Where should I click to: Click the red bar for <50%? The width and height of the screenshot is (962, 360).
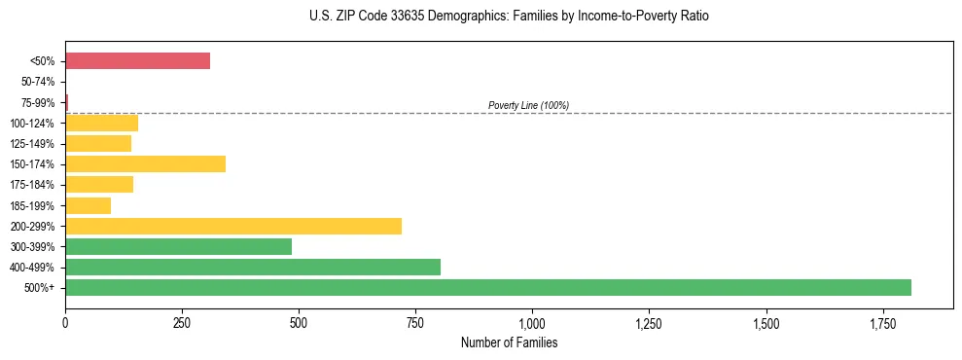point(137,61)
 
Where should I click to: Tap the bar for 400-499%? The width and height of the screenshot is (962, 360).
point(253,267)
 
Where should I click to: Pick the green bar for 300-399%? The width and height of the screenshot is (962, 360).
point(178,246)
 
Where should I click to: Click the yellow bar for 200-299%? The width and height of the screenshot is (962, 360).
point(233,226)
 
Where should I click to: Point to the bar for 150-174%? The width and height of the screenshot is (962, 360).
point(145,163)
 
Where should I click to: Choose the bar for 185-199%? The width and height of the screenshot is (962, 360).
point(88,205)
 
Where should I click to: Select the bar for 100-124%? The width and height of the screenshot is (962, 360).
point(101,123)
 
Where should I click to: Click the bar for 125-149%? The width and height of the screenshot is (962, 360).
point(98,143)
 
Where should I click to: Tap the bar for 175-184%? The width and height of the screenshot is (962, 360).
point(99,184)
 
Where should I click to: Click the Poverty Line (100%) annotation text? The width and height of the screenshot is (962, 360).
point(528,105)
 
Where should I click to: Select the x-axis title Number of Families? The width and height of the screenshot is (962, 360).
point(509,342)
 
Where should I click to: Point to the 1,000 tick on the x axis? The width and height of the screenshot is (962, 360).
point(532,322)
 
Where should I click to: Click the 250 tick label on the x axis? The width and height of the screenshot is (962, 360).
point(182,322)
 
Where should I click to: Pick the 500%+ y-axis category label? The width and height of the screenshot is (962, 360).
point(41,288)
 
